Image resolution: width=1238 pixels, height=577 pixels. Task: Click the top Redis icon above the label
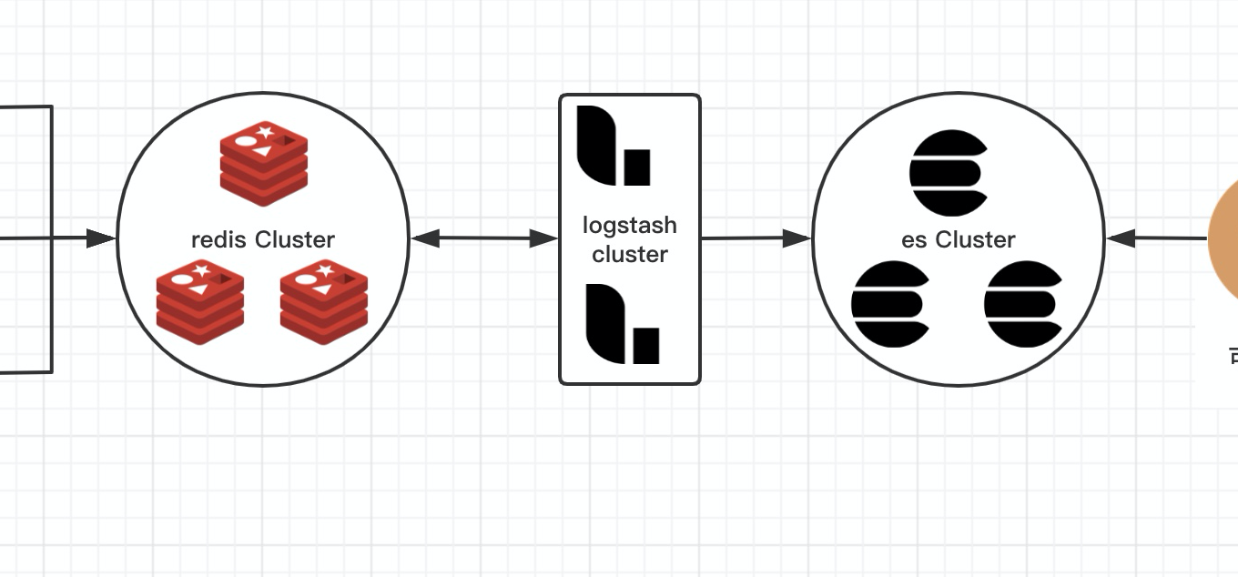[x=263, y=163]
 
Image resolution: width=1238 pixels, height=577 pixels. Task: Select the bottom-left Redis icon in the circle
[x=200, y=301]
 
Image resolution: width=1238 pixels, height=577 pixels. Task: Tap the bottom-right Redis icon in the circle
[x=324, y=301]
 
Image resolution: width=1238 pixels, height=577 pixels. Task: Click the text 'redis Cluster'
[x=263, y=240]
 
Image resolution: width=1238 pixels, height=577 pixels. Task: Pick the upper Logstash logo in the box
[x=614, y=146]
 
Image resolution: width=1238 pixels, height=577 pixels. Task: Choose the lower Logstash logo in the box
[x=622, y=323]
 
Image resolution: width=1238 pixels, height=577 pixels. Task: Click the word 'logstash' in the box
[x=630, y=226]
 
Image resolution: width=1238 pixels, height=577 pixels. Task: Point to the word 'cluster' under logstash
[x=630, y=255]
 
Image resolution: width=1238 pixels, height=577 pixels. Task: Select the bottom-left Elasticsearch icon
[x=890, y=304]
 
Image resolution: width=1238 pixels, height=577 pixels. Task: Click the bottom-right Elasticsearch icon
[x=1023, y=304]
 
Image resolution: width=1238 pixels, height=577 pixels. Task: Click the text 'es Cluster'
[x=959, y=240]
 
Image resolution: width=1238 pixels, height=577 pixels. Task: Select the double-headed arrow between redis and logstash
[x=484, y=238]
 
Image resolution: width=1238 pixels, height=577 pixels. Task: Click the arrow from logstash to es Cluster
[x=756, y=238]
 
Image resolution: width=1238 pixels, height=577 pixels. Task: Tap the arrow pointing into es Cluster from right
[x=1156, y=238]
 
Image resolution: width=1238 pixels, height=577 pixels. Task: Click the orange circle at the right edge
[x=1224, y=241]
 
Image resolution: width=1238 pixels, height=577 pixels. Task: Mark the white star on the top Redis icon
[x=265, y=132]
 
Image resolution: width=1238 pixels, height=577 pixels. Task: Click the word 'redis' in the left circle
[x=219, y=240]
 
